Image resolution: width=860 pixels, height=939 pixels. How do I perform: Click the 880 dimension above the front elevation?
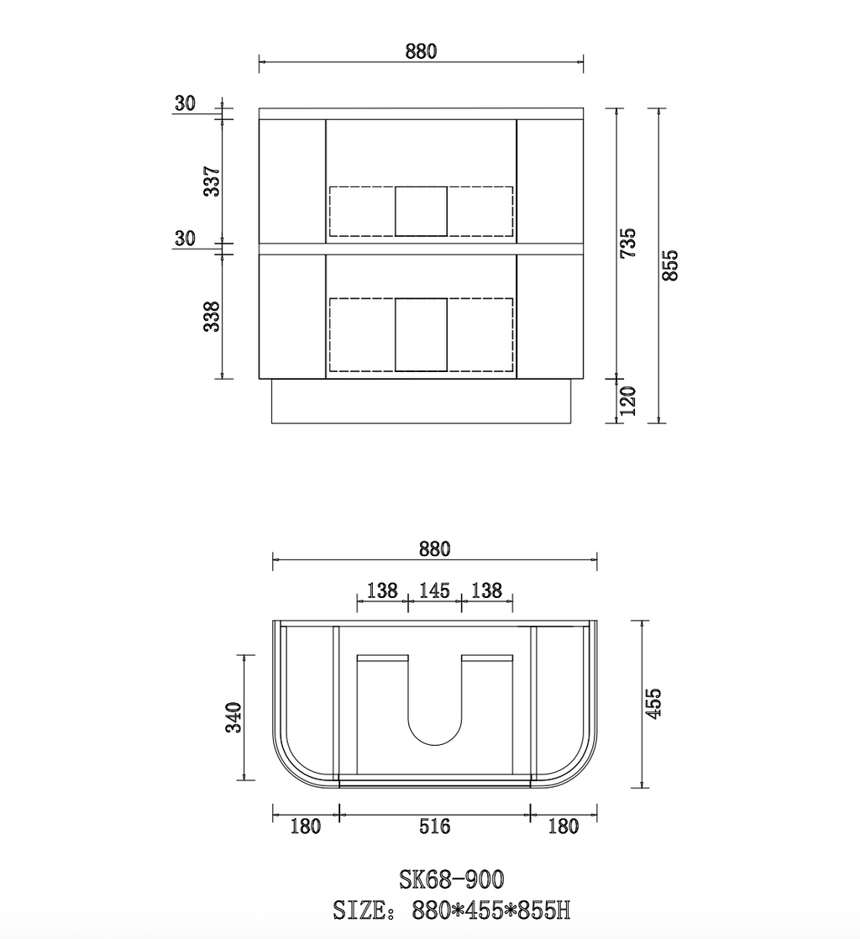[421, 51]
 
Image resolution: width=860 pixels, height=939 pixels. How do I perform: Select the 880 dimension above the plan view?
[434, 549]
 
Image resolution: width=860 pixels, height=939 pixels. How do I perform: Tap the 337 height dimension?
[212, 181]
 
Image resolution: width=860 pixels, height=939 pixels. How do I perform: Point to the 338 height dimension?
[212, 317]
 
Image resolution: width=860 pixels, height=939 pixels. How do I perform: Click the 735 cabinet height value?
[627, 243]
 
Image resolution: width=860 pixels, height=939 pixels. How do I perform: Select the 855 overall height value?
[670, 265]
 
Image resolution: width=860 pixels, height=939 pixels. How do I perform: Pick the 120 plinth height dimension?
[627, 401]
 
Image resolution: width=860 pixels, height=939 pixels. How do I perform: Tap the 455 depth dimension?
[653, 703]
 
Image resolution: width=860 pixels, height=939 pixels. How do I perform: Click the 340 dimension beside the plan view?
[233, 716]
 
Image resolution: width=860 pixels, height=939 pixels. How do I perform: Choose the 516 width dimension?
[434, 826]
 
